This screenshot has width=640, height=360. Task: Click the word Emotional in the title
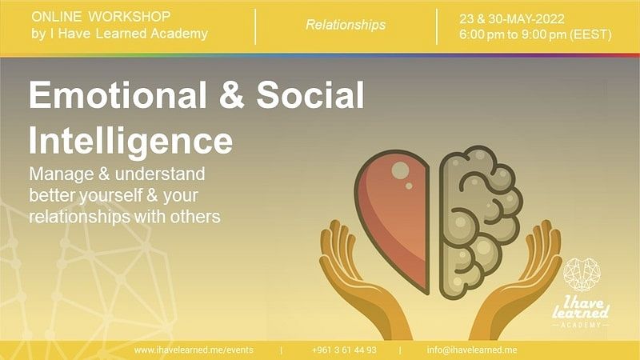[118, 94]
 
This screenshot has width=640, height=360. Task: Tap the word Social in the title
[310, 94]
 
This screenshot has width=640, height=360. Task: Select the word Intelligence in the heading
[130, 142]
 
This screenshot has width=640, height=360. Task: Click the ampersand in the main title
[231, 94]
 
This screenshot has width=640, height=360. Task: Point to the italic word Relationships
[346, 25]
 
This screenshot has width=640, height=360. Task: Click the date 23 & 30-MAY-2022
[512, 18]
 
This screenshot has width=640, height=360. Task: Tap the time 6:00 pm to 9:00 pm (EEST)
[535, 34]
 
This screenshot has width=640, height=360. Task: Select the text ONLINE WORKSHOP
[101, 17]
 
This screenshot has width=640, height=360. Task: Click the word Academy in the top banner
[179, 34]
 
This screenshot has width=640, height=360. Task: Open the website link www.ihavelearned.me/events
[194, 350]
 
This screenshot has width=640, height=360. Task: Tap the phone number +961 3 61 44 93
[344, 350]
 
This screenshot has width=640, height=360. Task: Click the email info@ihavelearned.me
[472, 350]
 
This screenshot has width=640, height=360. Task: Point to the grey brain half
[479, 221]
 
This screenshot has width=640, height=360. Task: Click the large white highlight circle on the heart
[400, 170]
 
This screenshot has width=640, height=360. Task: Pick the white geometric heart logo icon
[582, 274]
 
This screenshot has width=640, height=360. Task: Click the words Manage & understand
[117, 174]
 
